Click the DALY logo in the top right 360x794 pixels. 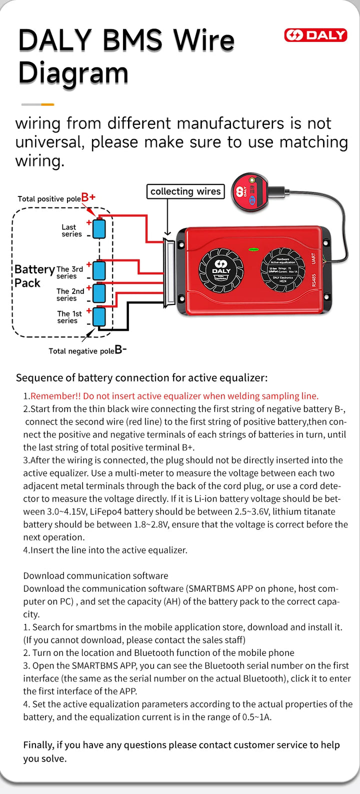(x=315, y=35)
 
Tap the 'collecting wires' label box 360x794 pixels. (x=185, y=191)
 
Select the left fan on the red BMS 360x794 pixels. (x=221, y=270)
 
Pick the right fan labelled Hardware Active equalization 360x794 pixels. (x=282, y=270)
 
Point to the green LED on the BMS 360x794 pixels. (x=253, y=248)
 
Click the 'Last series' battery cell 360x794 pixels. (x=99, y=228)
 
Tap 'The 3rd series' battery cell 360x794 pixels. (x=99, y=270)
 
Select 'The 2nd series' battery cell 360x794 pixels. (x=99, y=293)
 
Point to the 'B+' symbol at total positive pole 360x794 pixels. (x=88, y=197)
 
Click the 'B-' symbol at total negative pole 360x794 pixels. (x=120, y=350)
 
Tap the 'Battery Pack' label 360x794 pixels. (x=33, y=276)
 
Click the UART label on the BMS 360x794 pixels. (x=313, y=258)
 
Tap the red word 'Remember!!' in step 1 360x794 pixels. (x=55, y=396)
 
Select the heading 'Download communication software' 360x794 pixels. (x=95, y=575)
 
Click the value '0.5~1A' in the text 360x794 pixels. (x=257, y=717)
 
